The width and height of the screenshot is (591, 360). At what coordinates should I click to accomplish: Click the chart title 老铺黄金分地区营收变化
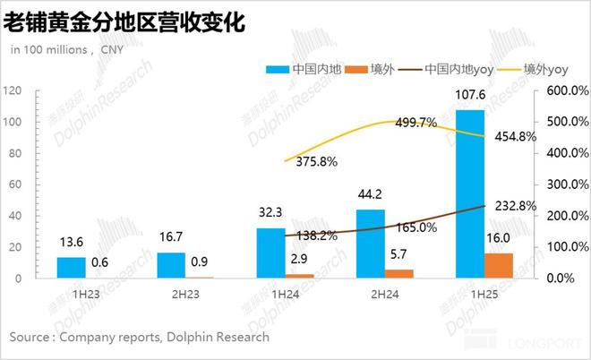point(125,22)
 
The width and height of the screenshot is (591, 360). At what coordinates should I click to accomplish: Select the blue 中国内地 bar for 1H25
point(469,193)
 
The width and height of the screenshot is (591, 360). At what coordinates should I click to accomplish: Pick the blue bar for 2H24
point(371,244)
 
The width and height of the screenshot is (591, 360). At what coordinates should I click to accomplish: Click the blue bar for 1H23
point(72,268)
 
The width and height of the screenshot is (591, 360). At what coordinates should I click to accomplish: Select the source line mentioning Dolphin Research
point(139,337)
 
